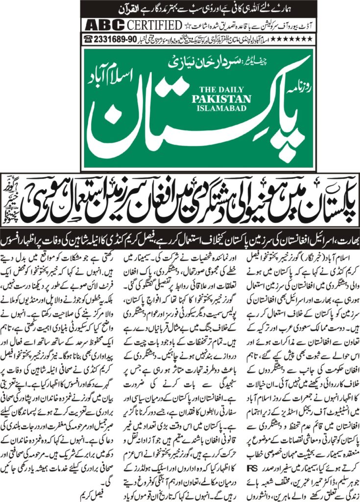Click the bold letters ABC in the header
tap(100, 25)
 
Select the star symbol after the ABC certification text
tap(187, 25)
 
